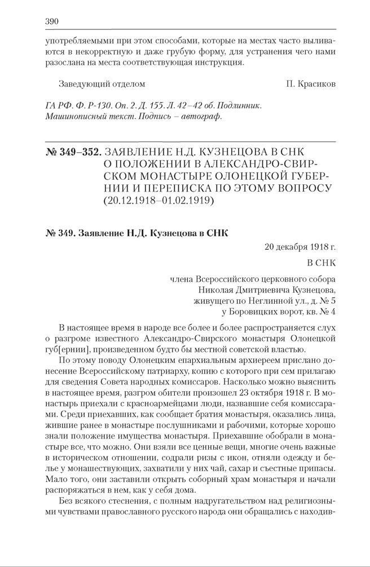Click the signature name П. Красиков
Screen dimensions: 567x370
pos(310,84)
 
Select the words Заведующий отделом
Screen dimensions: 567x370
pos(102,84)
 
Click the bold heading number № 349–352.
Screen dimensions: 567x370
pos(72,152)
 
